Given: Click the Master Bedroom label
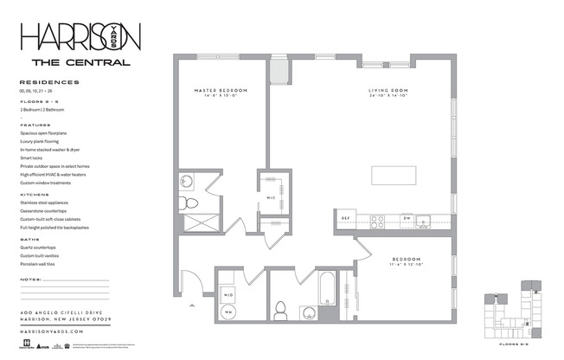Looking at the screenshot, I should (221, 91).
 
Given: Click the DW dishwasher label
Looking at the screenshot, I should (406, 217).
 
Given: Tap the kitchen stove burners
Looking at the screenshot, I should (378, 221).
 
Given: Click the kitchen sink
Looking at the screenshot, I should (424, 221).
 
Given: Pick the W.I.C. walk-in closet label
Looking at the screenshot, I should (270, 197).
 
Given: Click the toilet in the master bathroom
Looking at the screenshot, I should (192, 203).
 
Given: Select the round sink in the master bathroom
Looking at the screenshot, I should (188, 182).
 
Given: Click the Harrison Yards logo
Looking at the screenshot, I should (80, 36).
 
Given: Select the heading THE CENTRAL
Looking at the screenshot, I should (80, 62).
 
